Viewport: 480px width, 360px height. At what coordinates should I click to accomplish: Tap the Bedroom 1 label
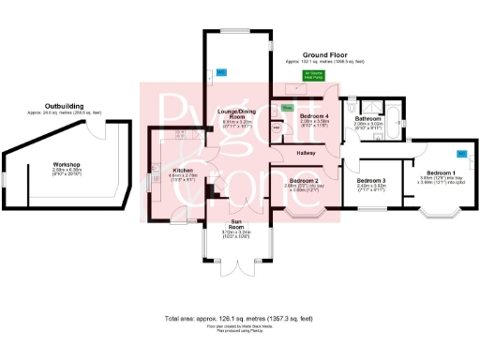(440, 172)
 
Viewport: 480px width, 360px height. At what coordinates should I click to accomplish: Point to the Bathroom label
(367, 119)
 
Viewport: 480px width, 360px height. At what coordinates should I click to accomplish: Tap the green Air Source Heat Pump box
(310, 74)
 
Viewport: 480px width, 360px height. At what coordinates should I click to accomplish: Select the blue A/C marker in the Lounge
(221, 72)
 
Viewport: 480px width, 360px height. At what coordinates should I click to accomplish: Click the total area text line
(240, 319)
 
